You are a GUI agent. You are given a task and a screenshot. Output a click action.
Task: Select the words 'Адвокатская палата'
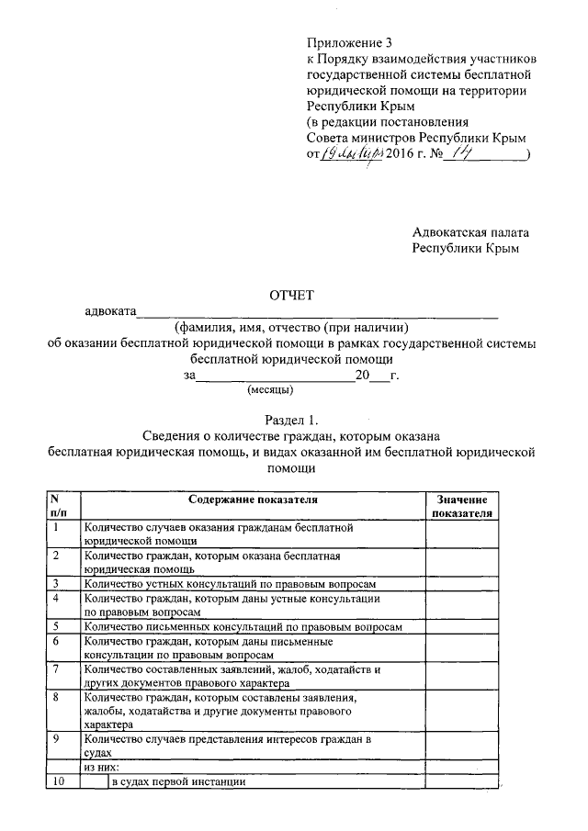(x=470, y=233)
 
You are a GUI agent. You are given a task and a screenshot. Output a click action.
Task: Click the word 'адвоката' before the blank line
(x=110, y=312)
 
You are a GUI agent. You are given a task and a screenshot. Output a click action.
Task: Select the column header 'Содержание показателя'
(x=254, y=500)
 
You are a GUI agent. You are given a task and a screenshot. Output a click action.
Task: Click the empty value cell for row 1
(x=460, y=535)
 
